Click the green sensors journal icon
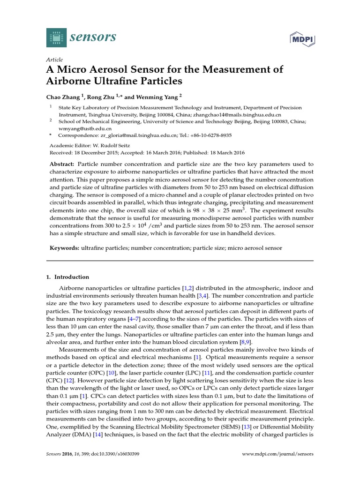pyautogui.click(x=56, y=37)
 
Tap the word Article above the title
pyautogui.click(x=54, y=60)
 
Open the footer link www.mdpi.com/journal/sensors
pyautogui.click(x=277, y=454)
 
